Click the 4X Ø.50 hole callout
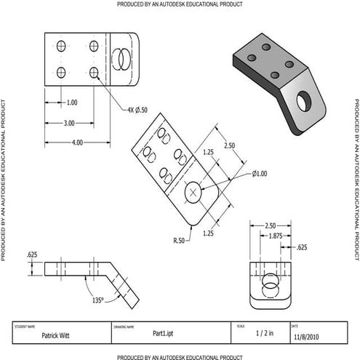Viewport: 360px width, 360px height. pyautogui.click(x=137, y=110)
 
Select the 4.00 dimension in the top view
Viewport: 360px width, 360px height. pyautogui.click(x=77, y=143)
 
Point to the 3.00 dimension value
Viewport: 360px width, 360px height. pyautogui.click(x=69, y=123)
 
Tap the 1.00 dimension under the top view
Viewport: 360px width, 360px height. pyautogui.click(x=72, y=103)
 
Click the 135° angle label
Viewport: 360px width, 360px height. pyautogui.click(x=98, y=299)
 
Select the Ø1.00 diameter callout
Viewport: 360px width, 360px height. pyautogui.click(x=260, y=173)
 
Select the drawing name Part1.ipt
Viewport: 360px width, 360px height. pyautogui.click(x=162, y=333)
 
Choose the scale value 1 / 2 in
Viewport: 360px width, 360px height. pyautogui.click(x=265, y=333)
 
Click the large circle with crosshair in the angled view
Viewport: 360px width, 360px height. pyautogui.click(x=193, y=193)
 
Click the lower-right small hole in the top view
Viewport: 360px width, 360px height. pyautogui.click(x=94, y=73)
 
